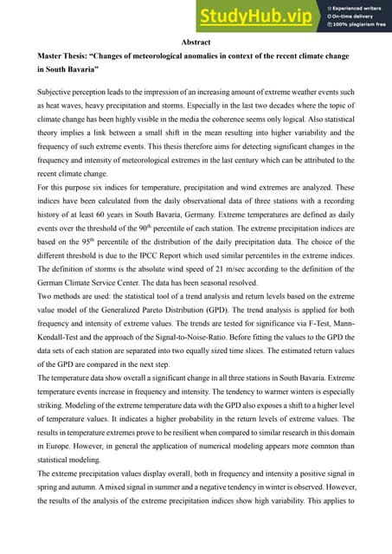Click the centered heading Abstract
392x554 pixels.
[x=196, y=42]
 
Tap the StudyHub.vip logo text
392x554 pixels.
[x=257, y=16]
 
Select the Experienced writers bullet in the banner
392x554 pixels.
[x=357, y=7]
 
